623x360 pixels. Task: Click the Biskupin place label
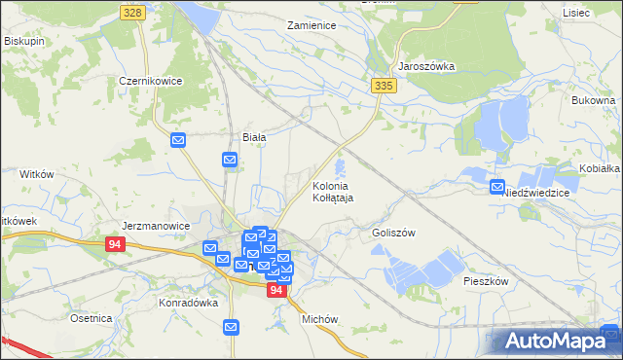pyautogui.click(x=26, y=41)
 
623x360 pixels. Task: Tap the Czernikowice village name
pyautogui.click(x=151, y=82)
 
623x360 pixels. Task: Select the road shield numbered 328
pyautogui.click(x=133, y=12)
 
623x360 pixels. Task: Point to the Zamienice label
pyautogui.click(x=311, y=25)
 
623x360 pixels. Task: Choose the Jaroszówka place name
pyautogui.click(x=426, y=67)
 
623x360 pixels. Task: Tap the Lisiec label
pyautogui.click(x=576, y=12)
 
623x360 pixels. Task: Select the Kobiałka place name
pyautogui.click(x=600, y=168)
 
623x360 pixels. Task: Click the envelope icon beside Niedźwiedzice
pyautogui.click(x=497, y=187)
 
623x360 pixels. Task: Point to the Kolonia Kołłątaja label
pyautogui.click(x=333, y=191)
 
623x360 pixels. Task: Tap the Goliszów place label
pyautogui.click(x=393, y=234)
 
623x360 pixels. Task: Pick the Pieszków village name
pyautogui.click(x=486, y=280)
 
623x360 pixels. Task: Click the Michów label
pyautogui.click(x=319, y=319)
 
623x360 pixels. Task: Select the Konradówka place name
pyautogui.click(x=186, y=303)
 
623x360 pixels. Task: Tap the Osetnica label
pyautogui.click(x=91, y=318)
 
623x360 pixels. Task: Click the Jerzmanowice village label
pyautogui.click(x=156, y=225)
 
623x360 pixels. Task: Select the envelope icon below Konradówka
pyautogui.click(x=231, y=328)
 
